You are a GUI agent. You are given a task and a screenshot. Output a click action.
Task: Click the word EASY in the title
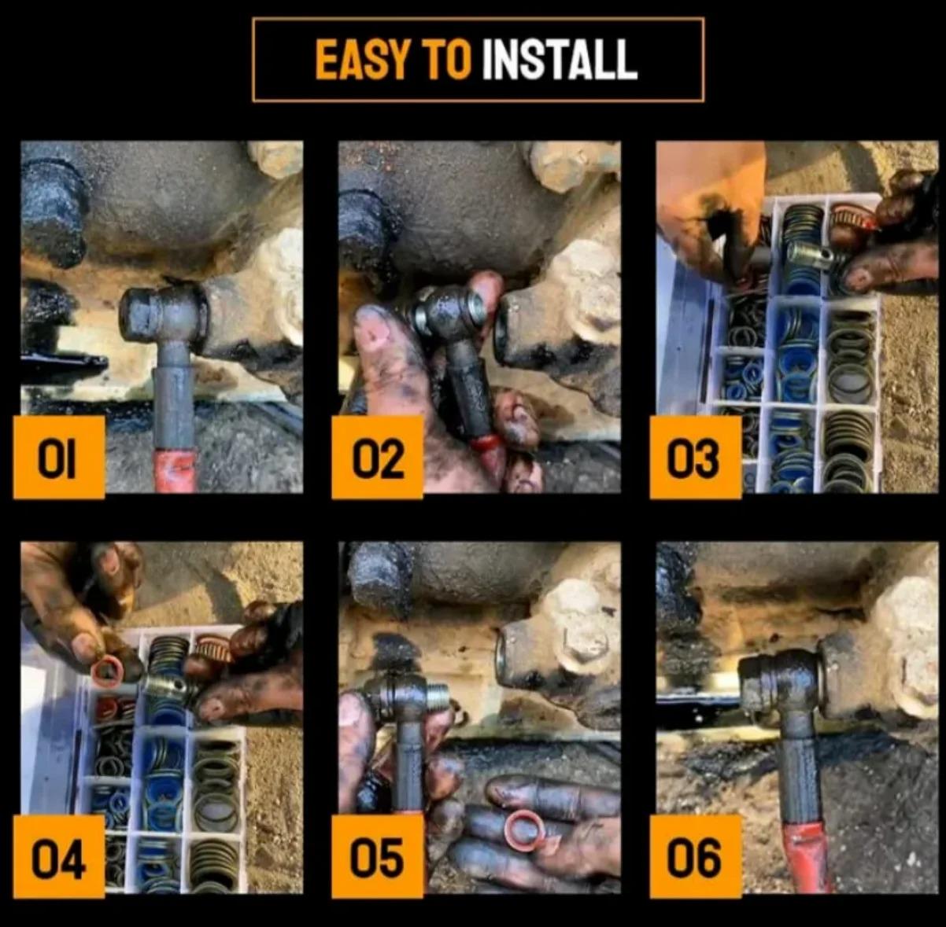pos(360,61)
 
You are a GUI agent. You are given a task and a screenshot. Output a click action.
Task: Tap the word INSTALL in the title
pos(560,61)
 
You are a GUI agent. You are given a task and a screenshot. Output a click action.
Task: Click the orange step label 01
pos(59,457)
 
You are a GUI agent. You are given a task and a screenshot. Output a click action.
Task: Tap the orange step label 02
pos(377,457)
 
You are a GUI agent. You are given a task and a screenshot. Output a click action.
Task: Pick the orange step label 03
pos(695,457)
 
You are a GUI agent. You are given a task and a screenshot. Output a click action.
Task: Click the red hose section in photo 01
pos(176,470)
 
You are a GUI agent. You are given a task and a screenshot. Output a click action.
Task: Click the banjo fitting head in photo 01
pos(164,314)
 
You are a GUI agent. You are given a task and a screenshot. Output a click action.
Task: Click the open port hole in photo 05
pos(503,660)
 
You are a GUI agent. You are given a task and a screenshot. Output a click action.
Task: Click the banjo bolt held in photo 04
pos(167,686)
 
